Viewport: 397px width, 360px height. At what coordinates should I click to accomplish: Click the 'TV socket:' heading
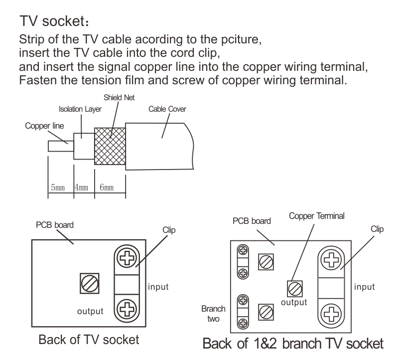(x=54, y=21)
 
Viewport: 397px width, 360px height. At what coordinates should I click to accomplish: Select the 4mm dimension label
(x=81, y=188)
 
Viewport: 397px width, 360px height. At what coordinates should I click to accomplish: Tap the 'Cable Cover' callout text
(x=166, y=109)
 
